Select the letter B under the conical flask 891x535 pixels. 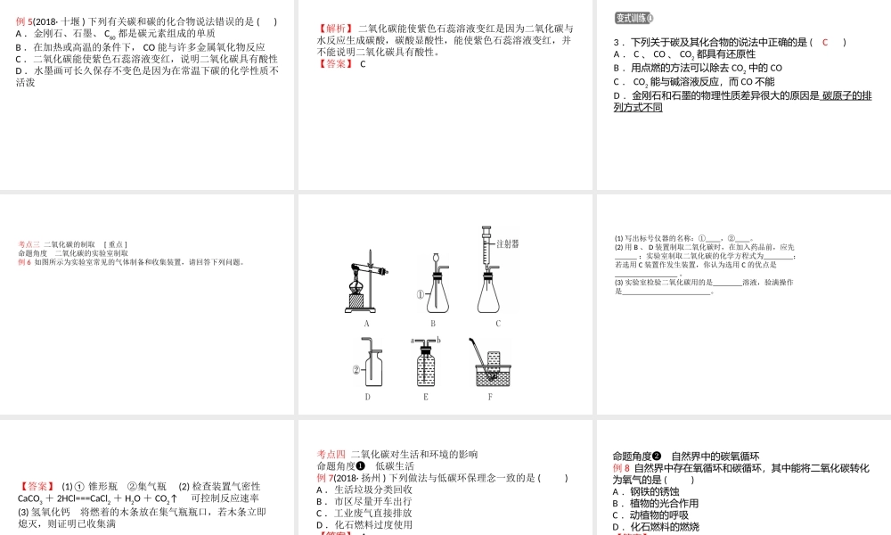point(433,324)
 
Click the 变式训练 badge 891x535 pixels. point(634,18)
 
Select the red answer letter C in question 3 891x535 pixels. point(825,42)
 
